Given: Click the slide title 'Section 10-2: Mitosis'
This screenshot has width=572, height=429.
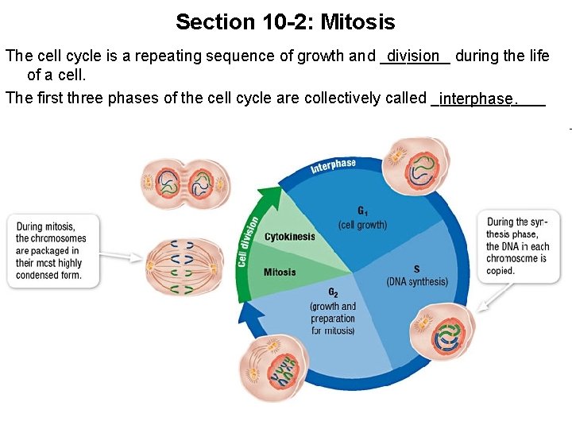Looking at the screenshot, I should [285, 21].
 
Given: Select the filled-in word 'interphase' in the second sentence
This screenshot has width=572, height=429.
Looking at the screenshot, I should [476, 99].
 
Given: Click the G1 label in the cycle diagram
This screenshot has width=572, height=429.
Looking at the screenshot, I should [362, 211].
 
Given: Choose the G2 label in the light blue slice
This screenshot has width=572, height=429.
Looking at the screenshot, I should [333, 294].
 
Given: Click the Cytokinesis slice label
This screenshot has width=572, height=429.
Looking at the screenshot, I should [289, 237].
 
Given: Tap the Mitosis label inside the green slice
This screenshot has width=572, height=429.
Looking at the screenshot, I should [280, 272].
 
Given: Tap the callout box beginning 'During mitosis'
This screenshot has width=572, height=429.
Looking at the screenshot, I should [53, 251].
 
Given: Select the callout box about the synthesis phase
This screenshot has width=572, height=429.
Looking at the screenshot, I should [518, 246].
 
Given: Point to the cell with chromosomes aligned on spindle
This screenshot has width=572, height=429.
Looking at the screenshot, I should [179, 267].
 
